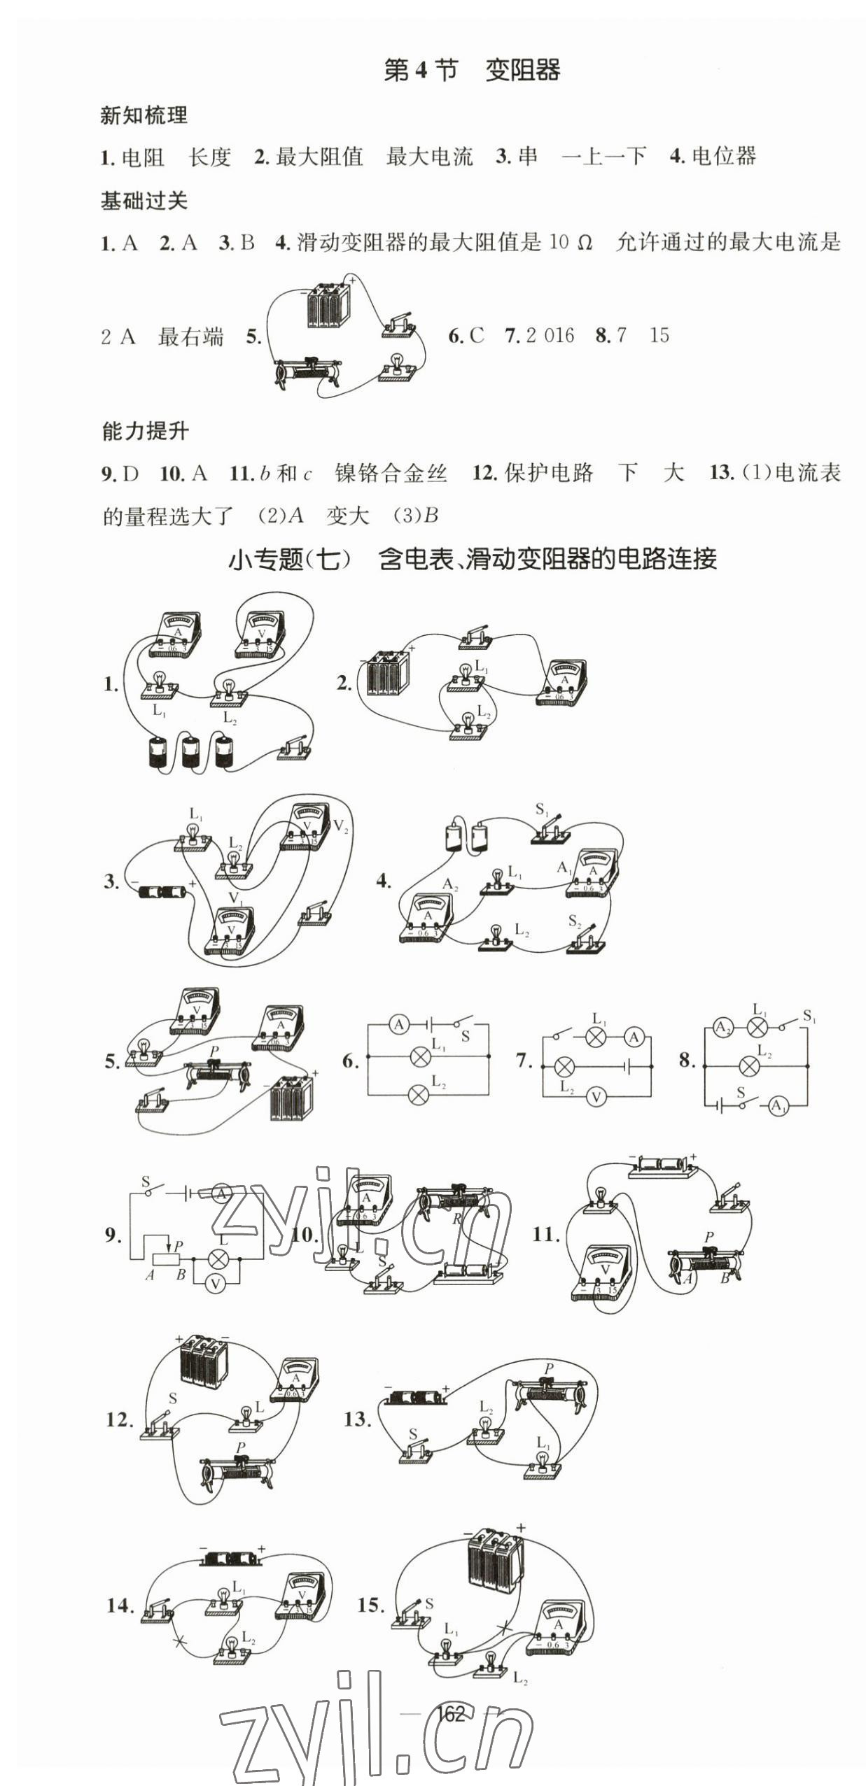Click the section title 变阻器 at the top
click(x=522, y=71)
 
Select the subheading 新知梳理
click(x=144, y=115)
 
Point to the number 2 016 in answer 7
click(x=550, y=336)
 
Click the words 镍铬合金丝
click(x=391, y=474)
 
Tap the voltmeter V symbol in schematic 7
click(x=596, y=1097)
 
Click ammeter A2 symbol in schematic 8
click(x=722, y=1028)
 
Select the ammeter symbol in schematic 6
click(x=399, y=1025)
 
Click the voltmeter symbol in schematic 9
click(x=216, y=1284)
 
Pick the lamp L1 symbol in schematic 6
click(x=420, y=1056)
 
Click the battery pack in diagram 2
click(x=382, y=673)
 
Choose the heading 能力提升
click(x=145, y=432)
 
